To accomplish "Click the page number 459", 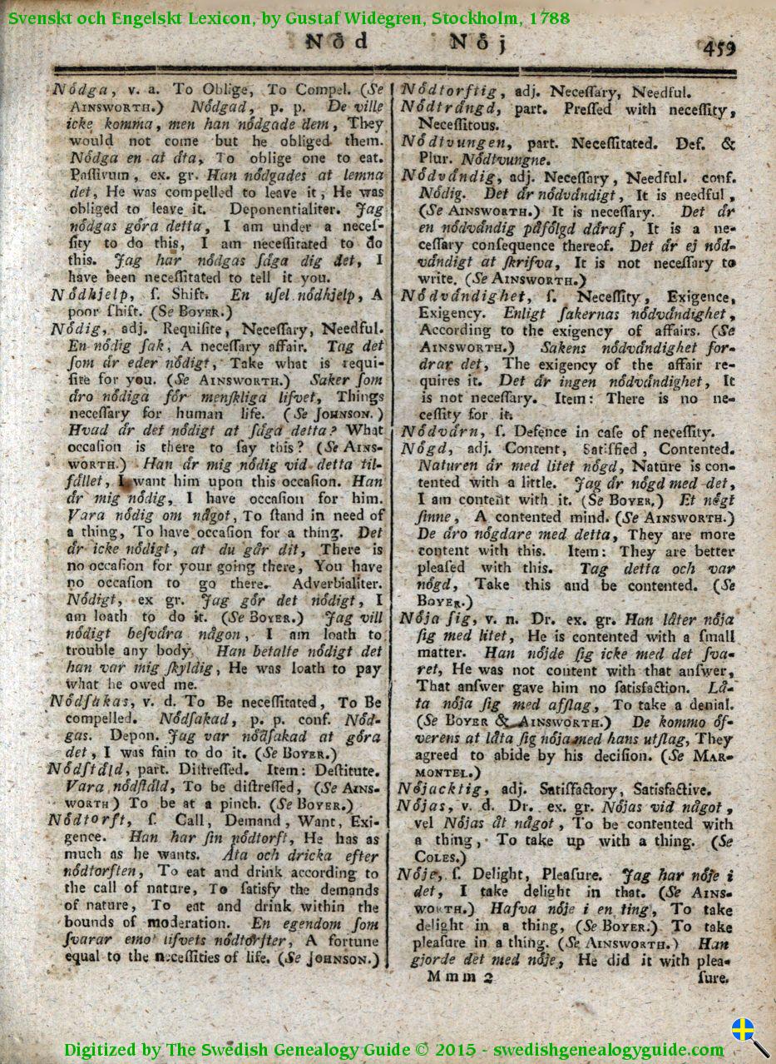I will click(719, 47).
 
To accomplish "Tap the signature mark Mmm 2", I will click(461, 977).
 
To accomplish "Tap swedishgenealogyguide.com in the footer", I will click(609, 1049).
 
